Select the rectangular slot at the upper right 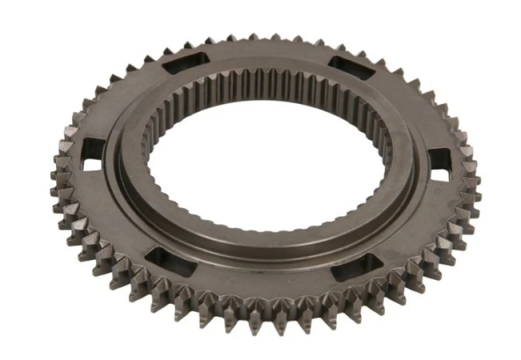click(350, 68)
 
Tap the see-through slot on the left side click(93, 154)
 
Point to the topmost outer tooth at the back click(274, 37)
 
